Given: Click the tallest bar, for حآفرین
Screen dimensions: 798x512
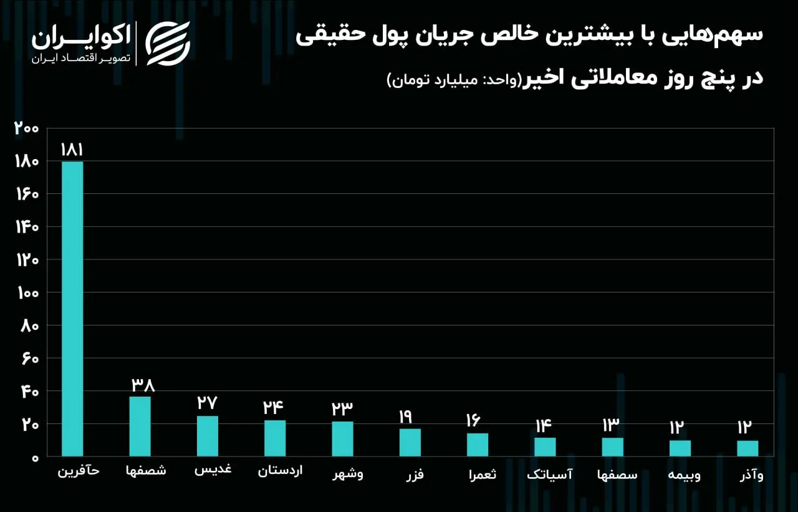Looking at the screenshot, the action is (72, 309).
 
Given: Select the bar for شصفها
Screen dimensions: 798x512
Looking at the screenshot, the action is (140, 427).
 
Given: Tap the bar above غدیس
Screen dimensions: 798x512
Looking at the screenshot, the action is (208, 436).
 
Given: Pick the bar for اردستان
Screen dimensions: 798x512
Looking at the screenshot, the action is (275, 438).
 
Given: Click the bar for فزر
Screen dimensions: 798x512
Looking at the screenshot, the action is (410, 443).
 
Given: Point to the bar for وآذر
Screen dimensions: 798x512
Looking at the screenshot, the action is (748, 448).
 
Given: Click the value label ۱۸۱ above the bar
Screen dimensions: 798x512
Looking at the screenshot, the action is (72, 150).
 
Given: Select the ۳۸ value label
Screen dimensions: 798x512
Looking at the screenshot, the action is (143, 385).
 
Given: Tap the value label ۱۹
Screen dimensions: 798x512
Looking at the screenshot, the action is (405, 417).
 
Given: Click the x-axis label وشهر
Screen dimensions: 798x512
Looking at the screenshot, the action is (348, 474).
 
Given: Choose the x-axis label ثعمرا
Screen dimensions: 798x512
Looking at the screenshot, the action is (483, 474).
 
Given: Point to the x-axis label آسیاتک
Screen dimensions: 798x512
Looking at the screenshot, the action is (550, 474).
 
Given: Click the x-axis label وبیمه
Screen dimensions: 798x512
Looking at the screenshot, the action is (684, 475).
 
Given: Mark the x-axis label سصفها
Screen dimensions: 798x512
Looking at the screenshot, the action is (617, 475).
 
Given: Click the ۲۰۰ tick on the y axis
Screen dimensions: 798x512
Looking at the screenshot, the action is (26, 128).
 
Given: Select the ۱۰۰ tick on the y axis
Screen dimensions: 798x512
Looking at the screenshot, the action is (28, 293).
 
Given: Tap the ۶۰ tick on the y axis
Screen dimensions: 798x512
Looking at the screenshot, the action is (30, 359).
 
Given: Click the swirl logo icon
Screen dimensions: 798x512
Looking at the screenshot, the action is (168, 44).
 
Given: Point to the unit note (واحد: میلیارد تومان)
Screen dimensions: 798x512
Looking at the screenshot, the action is (454, 80).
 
